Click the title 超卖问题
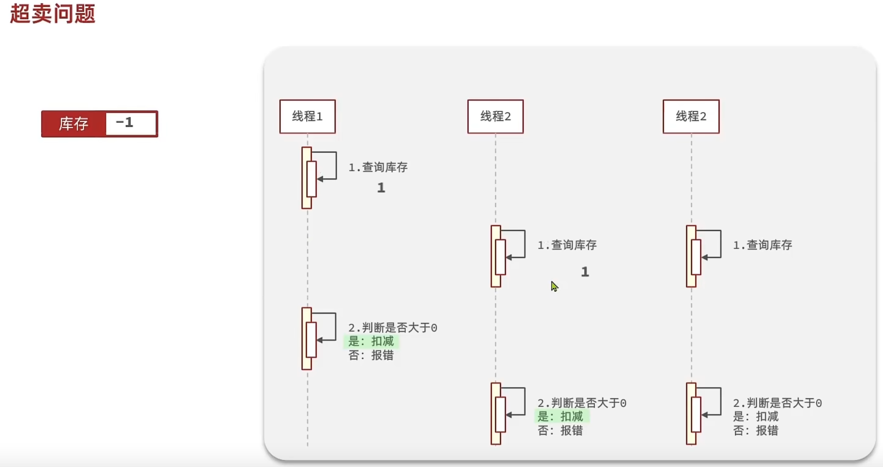(x=53, y=14)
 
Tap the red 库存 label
(x=73, y=124)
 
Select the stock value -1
(x=125, y=122)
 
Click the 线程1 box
(x=307, y=116)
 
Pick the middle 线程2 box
(x=495, y=116)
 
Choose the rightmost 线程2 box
(x=691, y=116)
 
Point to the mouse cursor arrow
(x=554, y=286)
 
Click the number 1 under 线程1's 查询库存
(x=381, y=188)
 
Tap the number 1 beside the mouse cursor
(x=585, y=272)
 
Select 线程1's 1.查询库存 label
(x=378, y=167)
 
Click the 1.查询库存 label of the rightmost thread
(x=763, y=245)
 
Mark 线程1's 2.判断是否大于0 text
(x=393, y=328)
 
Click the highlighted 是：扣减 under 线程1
(x=371, y=341)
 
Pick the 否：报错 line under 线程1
(x=371, y=355)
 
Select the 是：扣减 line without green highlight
(x=756, y=416)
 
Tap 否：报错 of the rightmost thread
(x=756, y=430)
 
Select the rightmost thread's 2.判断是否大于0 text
(x=778, y=403)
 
